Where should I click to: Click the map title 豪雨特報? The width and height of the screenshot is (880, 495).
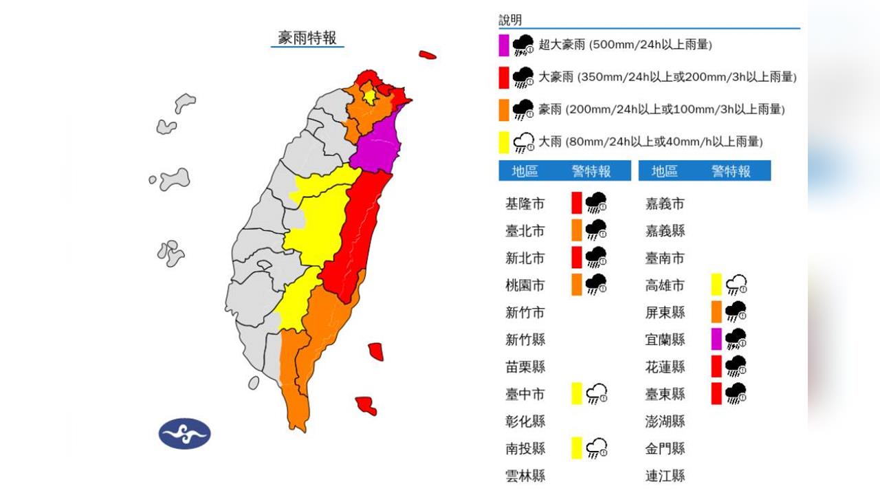click(307, 37)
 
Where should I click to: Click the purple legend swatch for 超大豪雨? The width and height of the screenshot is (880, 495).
click(504, 45)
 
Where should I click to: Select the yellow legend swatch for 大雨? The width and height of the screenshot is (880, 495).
click(504, 142)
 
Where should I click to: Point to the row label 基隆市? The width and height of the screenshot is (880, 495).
click(525, 203)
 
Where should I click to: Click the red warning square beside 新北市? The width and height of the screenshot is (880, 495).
click(577, 257)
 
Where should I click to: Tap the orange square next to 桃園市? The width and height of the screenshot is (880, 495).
click(577, 285)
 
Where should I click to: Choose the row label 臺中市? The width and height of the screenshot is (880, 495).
click(525, 394)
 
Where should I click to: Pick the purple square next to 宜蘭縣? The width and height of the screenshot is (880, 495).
click(716, 339)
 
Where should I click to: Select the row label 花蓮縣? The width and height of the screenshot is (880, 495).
click(665, 366)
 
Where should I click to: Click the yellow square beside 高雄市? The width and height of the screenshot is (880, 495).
click(716, 284)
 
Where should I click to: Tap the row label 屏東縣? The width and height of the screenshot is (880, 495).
click(665, 312)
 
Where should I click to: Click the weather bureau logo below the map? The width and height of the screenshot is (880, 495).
click(184, 433)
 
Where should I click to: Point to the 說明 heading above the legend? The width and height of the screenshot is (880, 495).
click(510, 21)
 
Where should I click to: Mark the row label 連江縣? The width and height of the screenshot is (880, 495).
click(665, 475)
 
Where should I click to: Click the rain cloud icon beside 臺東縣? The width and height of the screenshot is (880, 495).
click(736, 393)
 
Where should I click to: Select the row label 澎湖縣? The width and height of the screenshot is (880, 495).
click(665, 421)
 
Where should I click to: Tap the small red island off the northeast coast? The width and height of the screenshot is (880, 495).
click(428, 54)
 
